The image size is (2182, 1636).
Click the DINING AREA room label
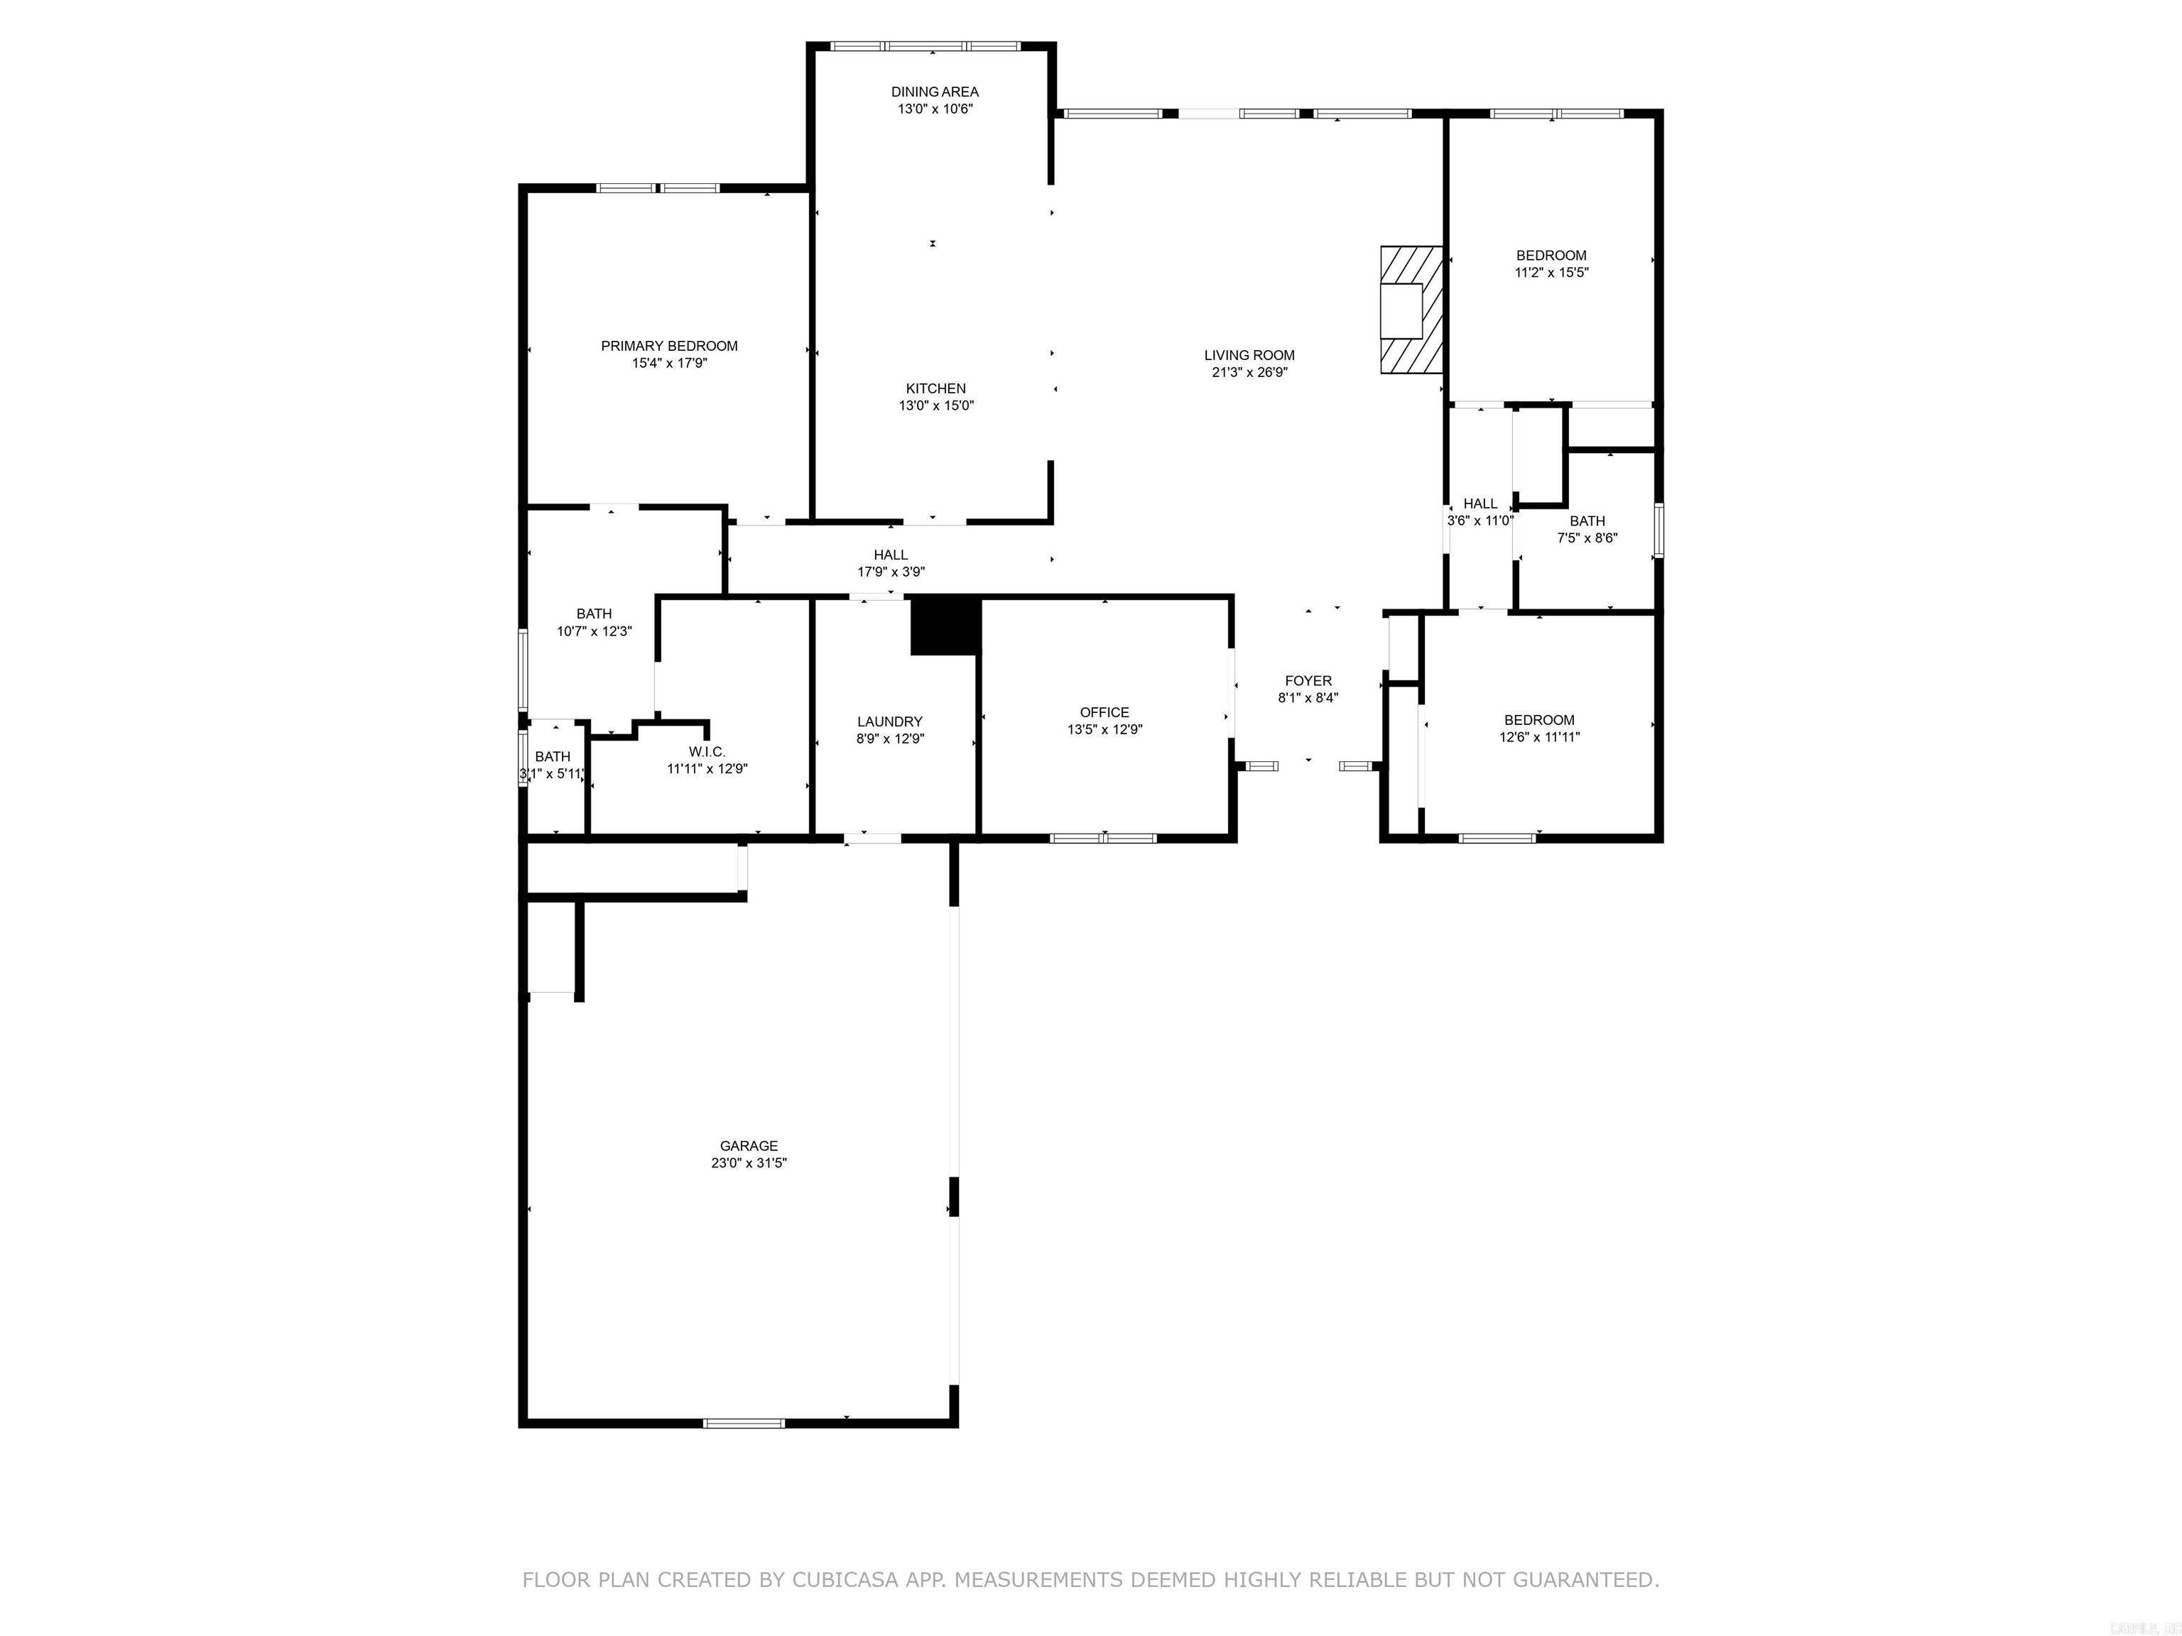click(934, 92)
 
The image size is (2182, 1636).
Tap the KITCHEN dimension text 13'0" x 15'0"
click(935, 405)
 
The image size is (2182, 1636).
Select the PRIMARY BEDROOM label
click(669, 346)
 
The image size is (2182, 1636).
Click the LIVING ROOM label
click(1249, 355)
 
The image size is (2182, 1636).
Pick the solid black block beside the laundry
click(945, 625)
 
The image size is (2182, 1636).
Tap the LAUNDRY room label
click(890, 722)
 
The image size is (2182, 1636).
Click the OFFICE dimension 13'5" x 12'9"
click(1104, 730)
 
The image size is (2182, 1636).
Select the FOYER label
click(1308, 680)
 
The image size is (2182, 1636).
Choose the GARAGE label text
click(749, 1146)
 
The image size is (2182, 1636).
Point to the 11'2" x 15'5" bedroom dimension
click(1551, 272)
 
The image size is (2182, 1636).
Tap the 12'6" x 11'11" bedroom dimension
click(1539, 736)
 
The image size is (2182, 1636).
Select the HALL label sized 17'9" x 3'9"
click(890, 555)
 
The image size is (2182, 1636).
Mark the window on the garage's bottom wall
click(744, 1423)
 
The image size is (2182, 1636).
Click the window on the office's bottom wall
click(1103, 838)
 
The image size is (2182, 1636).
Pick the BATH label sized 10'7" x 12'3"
click(594, 613)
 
